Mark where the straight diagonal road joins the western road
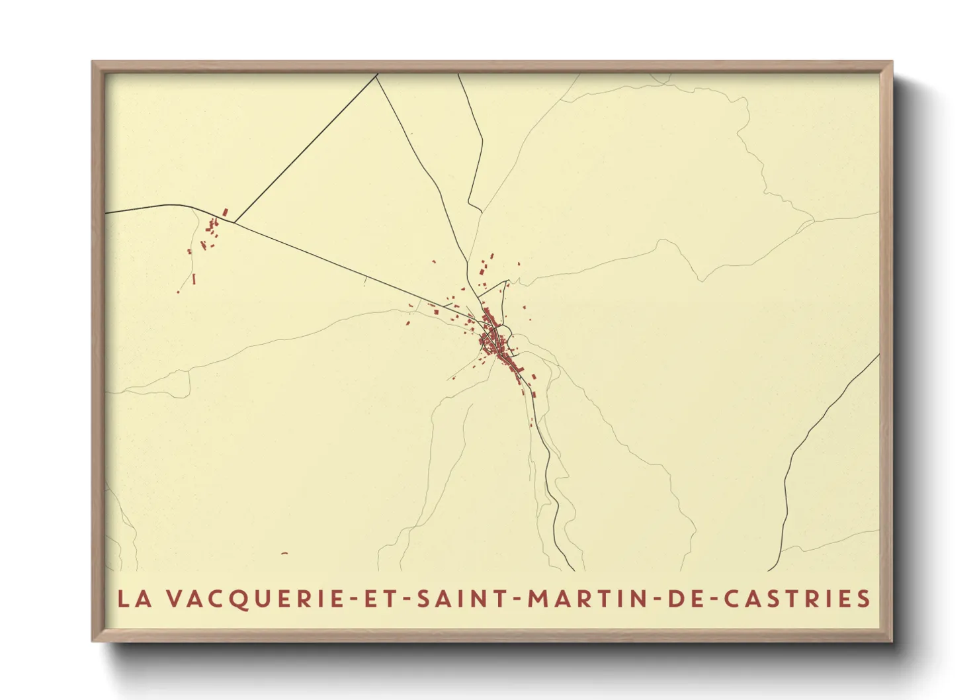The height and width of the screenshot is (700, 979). click(x=236, y=222)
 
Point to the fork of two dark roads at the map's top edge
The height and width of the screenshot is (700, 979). click(x=377, y=75)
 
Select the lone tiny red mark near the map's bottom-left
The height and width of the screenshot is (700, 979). click(x=284, y=553)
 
